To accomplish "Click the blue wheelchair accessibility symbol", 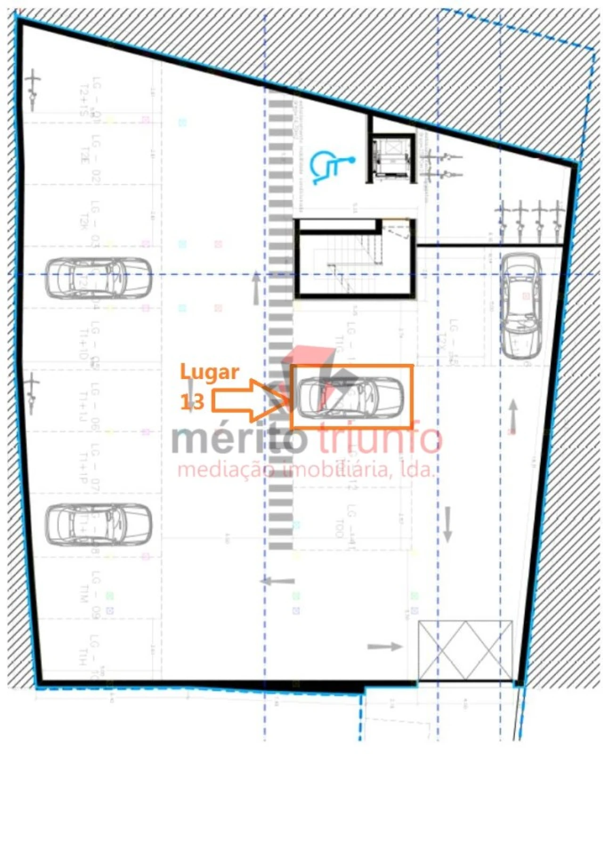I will [x=331, y=166].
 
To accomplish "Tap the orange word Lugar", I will [x=210, y=372].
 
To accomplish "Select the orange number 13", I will [x=192, y=402].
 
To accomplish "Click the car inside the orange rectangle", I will [x=350, y=397].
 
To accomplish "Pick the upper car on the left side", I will [x=98, y=278].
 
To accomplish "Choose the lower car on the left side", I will [x=98, y=525].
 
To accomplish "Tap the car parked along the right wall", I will [x=520, y=305].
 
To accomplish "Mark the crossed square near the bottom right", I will [x=465, y=650].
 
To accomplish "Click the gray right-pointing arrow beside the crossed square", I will [x=384, y=647].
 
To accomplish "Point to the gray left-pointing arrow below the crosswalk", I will [x=278, y=581].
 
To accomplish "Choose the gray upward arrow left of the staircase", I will [x=256, y=287].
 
